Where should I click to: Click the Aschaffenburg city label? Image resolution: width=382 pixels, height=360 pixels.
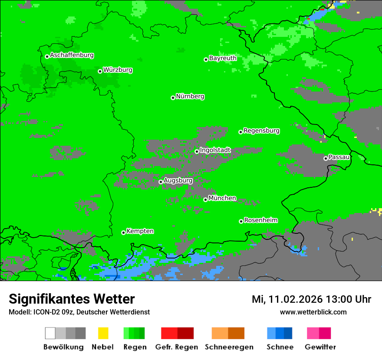click(x=72, y=56)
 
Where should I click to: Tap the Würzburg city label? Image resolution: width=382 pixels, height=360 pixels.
click(x=118, y=70)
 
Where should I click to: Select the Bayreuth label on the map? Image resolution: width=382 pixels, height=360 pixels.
click(x=223, y=58)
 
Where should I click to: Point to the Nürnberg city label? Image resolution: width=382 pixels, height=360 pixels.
click(x=190, y=97)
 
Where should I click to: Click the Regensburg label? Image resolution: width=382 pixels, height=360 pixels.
click(x=261, y=131)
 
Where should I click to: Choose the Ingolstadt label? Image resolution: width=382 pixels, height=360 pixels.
click(x=215, y=151)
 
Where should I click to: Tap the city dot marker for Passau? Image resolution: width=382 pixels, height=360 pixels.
click(x=326, y=158)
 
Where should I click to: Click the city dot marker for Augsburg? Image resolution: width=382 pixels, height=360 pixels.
click(x=161, y=182)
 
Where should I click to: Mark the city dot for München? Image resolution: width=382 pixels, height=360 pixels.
click(x=205, y=200)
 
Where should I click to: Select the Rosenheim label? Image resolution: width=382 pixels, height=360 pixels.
click(x=260, y=220)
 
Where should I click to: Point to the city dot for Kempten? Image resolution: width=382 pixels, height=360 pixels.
click(x=123, y=232)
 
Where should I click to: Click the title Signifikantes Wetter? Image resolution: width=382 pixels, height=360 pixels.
click(x=72, y=299)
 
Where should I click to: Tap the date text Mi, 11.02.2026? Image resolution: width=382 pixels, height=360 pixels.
click(x=287, y=299)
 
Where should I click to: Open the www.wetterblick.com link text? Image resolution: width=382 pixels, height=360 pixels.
click(x=313, y=312)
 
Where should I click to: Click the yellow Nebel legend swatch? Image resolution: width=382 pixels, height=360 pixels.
click(x=103, y=333)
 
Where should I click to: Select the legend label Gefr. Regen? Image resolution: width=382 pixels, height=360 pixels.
click(x=177, y=347)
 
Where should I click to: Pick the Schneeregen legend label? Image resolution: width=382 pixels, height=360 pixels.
click(x=229, y=347)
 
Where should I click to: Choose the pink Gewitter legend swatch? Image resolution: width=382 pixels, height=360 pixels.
click(x=313, y=333)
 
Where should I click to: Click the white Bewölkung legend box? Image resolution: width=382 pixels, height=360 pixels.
click(x=50, y=333)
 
